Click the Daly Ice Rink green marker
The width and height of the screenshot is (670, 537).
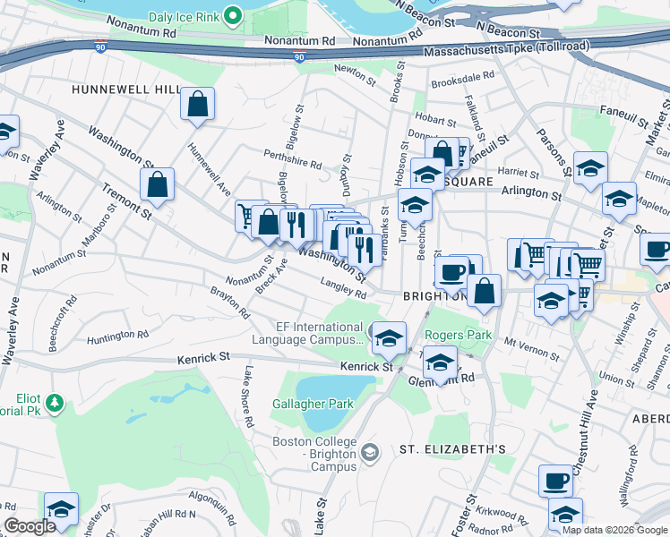(233, 15)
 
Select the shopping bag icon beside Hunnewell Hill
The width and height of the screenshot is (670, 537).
(197, 104)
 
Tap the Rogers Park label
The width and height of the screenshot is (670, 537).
(458, 335)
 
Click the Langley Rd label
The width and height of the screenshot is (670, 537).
(344, 287)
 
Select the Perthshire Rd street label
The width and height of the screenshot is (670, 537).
(292, 163)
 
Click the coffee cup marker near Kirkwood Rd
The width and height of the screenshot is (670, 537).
(555, 482)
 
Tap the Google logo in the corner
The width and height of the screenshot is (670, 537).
(30, 526)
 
